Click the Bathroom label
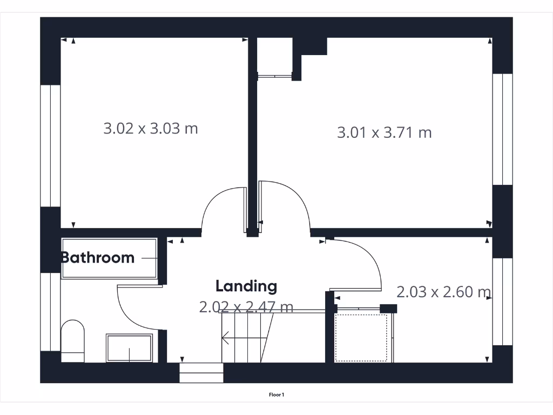(x=98, y=258)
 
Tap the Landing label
(x=246, y=286)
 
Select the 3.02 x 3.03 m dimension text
(x=151, y=129)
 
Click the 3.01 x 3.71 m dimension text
(x=385, y=132)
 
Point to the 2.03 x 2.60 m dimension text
(x=443, y=292)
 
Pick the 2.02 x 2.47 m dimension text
(x=246, y=307)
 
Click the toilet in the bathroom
(x=73, y=340)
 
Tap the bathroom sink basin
(x=129, y=348)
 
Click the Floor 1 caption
(x=276, y=395)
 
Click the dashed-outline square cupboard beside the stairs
(x=361, y=338)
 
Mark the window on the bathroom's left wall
(x=50, y=312)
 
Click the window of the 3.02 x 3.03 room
(x=50, y=145)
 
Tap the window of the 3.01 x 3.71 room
(x=502, y=129)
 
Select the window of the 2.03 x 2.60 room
(x=502, y=302)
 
